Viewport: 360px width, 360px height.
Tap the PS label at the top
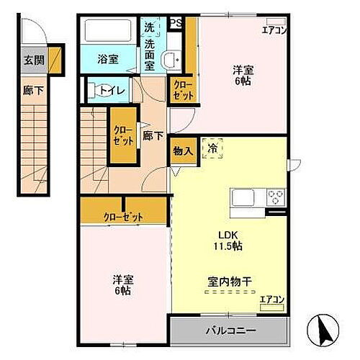pyautogui.click(x=175, y=23)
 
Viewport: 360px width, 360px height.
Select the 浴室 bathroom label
pyautogui.click(x=108, y=60)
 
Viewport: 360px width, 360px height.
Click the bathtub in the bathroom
pyautogui.click(x=107, y=32)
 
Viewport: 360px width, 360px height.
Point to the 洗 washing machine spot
pyautogui.click(x=148, y=27)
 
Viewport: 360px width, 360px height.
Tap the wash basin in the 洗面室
pyautogui.click(x=171, y=60)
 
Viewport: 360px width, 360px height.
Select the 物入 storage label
pyautogui.click(x=182, y=151)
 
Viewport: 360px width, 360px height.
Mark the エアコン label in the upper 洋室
pyautogui.click(x=274, y=30)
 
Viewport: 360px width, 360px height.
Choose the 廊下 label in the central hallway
pyautogui.click(x=151, y=135)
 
